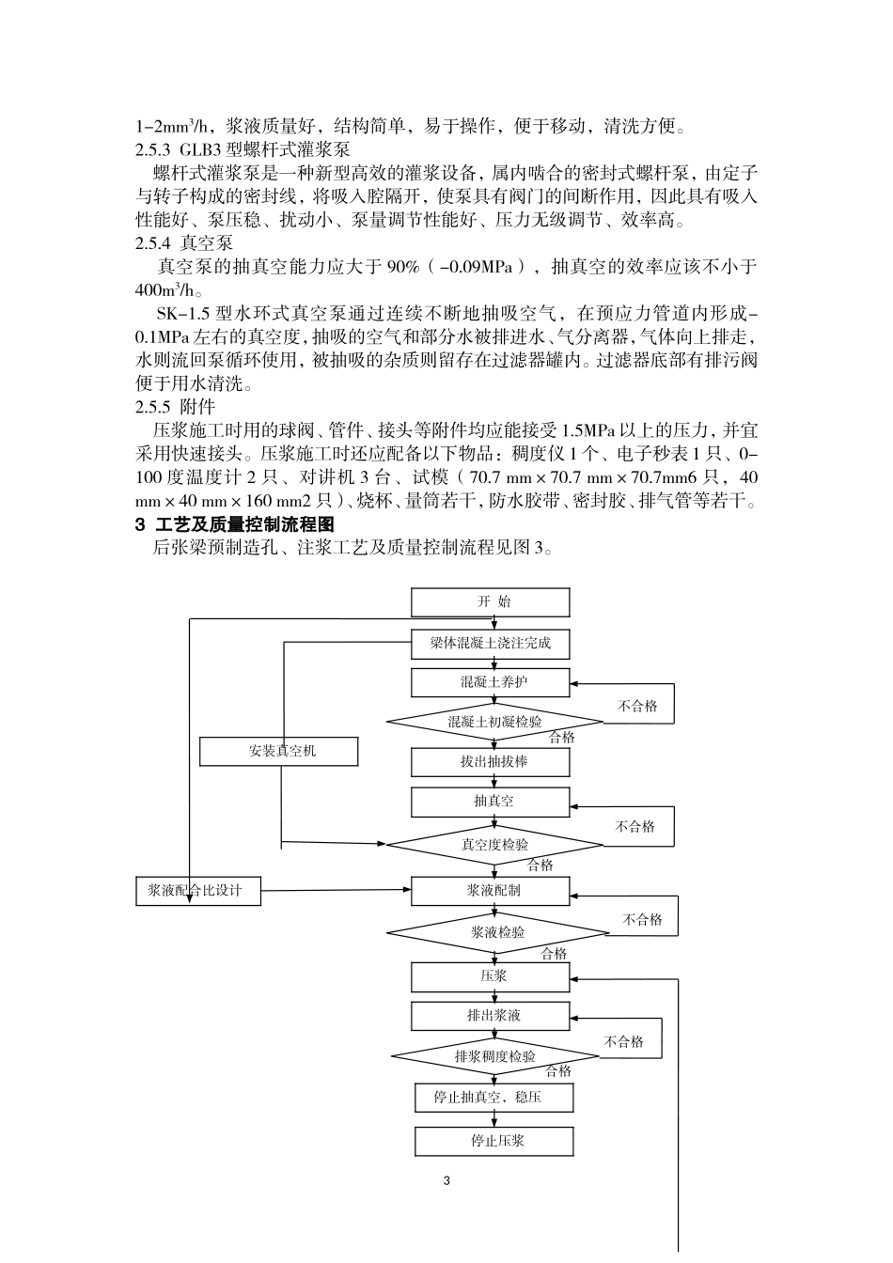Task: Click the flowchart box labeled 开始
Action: point(490,602)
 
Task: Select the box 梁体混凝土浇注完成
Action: point(490,644)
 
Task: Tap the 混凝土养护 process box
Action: point(490,682)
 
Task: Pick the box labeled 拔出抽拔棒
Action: point(490,762)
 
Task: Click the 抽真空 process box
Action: point(490,802)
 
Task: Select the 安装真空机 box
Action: point(279,752)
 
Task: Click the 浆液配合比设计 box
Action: point(198,891)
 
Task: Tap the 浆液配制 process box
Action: point(490,891)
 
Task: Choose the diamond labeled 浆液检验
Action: point(497,933)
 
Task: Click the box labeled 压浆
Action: point(490,976)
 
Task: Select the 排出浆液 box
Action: point(490,1016)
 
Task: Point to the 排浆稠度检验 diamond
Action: point(494,1056)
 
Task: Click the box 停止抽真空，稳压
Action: point(493,1098)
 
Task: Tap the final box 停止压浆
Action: point(493,1141)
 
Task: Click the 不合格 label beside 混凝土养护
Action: point(637,707)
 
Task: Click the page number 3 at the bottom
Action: point(446,1180)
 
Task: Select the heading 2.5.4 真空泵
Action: point(184,243)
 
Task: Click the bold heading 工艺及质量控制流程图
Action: point(243,524)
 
